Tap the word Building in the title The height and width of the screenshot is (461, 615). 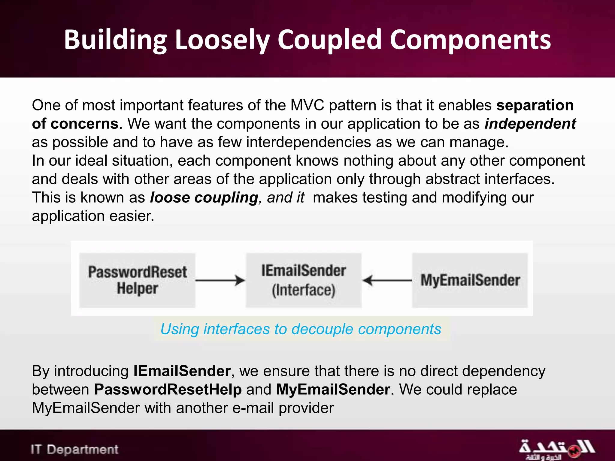pos(115,40)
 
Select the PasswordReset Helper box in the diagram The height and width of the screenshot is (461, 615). pos(137,280)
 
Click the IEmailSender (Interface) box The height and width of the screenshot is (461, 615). pos(304,280)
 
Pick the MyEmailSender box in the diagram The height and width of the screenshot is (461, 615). pos(470,280)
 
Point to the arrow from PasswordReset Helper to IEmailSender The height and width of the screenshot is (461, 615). pos(220,280)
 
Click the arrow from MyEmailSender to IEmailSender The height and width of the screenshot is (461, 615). pos(387,280)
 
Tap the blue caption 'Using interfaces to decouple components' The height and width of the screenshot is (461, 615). pos(301,329)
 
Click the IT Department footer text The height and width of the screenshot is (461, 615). pos(74,450)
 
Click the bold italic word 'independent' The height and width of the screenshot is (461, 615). pos(530,124)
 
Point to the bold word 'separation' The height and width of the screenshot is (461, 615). pos(535,105)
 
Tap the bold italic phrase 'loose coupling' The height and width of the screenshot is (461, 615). pos(204,197)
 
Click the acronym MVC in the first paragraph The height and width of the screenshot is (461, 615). pos(307,105)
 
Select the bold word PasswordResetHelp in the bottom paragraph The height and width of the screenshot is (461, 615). pos(168,390)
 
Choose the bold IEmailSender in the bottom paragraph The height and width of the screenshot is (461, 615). pos(182,371)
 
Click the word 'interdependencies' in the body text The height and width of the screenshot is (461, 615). pos(308,142)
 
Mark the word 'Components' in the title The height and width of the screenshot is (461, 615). pos(470,40)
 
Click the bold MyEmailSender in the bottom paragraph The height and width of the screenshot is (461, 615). pos(333,390)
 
